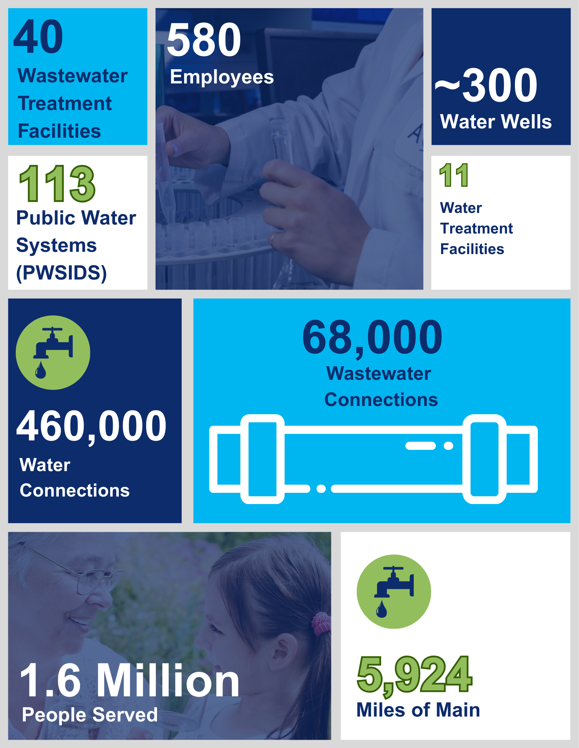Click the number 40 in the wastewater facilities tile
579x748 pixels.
point(38,37)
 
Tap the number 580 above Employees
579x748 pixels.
point(204,39)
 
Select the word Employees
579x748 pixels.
point(222,77)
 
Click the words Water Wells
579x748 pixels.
point(496,122)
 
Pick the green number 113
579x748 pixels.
point(57,184)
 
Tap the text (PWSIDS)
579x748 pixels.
point(61,273)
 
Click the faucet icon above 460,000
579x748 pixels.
point(53,352)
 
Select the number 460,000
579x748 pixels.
point(91,426)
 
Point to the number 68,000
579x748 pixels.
point(372,338)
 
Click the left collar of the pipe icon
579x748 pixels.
point(262,459)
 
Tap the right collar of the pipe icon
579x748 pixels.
point(485,459)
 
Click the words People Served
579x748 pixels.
point(90,714)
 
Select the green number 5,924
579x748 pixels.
point(414,675)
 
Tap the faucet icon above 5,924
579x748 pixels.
point(394,592)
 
